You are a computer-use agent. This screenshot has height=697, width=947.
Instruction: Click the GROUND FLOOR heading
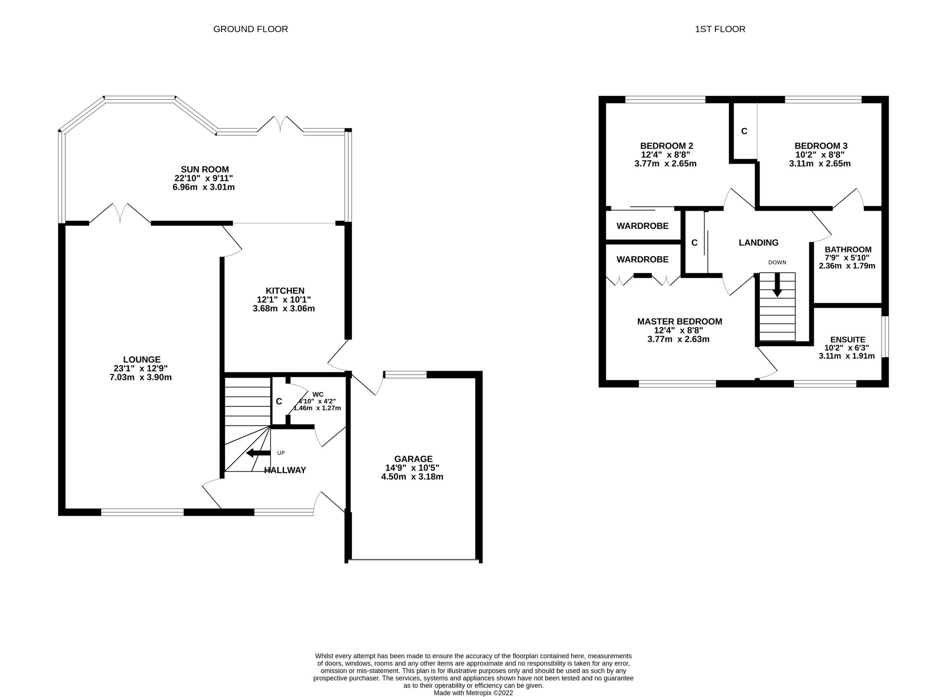(250, 29)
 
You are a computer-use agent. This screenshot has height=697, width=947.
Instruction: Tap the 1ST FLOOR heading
(720, 29)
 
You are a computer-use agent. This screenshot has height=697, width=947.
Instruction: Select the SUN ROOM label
(205, 170)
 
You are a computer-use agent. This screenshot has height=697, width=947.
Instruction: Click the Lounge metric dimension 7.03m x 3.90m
(141, 377)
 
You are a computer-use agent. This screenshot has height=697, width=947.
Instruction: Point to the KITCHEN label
(284, 291)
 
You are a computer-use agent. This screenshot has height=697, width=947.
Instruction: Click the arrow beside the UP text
(258, 453)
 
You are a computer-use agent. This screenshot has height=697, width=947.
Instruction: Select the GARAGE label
(413, 459)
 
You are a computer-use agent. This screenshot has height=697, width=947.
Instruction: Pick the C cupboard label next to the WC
(279, 401)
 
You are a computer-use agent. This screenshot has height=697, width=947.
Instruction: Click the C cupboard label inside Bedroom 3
(744, 131)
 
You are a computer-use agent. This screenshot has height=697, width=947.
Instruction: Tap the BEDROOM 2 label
(666, 146)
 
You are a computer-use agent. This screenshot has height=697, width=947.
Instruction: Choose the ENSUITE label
(847, 340)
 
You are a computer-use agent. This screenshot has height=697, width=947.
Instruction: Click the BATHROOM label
(848, 249)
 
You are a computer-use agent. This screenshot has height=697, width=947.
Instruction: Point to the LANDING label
(758, 242)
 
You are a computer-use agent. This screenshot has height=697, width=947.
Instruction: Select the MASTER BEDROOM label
(679, 322)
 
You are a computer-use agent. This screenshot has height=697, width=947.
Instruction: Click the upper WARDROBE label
(642, 226)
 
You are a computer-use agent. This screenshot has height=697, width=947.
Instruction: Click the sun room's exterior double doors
(280, 124)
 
